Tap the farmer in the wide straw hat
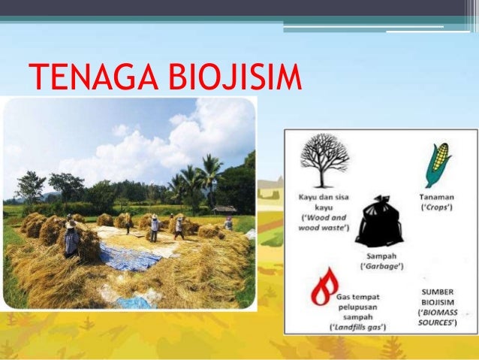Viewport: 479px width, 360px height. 71,240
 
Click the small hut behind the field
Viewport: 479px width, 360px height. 224,210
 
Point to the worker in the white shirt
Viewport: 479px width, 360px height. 154,227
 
